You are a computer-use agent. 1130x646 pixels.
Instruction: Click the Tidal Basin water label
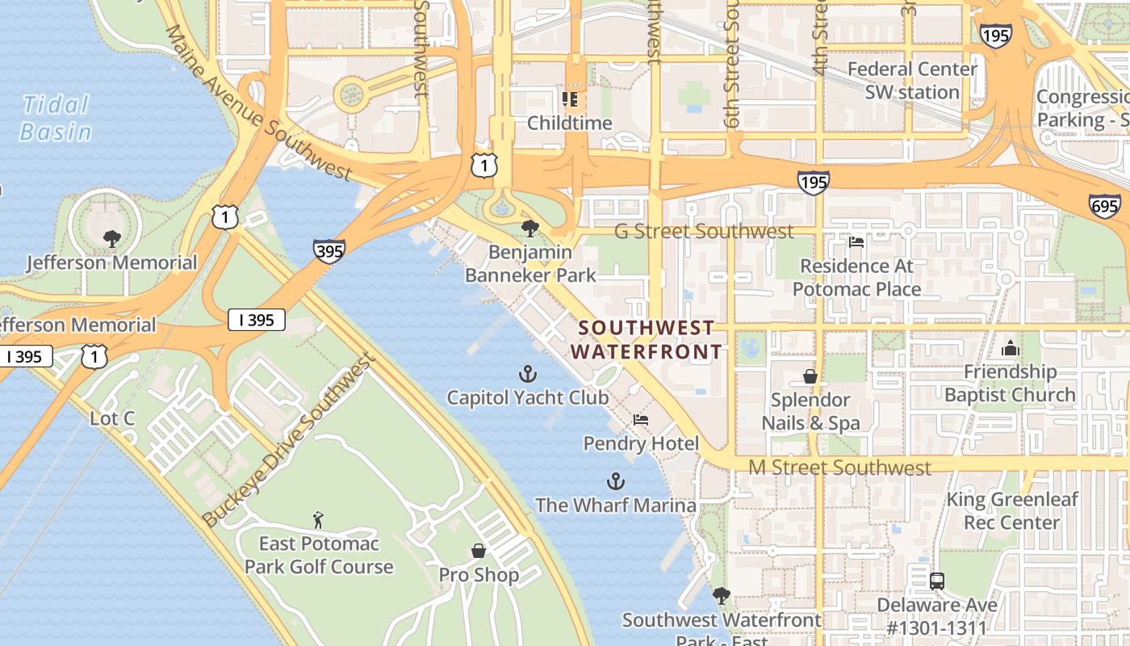[56, 118]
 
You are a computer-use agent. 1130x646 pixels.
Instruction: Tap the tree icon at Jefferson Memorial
[112, 238]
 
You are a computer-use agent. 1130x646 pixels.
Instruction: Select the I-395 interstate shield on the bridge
[329, 251]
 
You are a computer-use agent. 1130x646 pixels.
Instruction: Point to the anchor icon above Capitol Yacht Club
[527, 374]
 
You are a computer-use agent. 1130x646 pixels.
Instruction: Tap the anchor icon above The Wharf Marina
[616, 482]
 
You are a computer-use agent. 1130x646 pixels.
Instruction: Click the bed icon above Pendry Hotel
[641, 420]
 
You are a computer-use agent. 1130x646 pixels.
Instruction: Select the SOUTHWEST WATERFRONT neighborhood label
[647, 339]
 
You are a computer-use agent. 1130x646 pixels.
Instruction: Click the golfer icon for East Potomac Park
[318, 519]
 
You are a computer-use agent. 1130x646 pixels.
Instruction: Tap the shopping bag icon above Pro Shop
[479, 551]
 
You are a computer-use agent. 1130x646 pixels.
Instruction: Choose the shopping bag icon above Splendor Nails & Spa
[810, 376]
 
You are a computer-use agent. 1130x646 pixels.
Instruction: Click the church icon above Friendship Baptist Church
[1010, 349]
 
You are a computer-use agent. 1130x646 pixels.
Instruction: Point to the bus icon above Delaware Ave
[936, 581]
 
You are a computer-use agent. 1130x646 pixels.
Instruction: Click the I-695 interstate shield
[1103, 207]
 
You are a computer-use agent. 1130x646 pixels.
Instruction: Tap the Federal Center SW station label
[912, 81]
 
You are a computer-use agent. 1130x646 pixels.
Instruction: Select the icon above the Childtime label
[570, 99]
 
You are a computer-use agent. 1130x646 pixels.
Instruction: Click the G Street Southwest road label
[704, 232]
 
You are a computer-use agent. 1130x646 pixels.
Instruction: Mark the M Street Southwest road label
[839, 468]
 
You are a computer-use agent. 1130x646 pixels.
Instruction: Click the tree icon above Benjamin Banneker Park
[530, 229]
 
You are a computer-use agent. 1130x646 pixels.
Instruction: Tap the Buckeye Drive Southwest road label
[288, 441]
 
